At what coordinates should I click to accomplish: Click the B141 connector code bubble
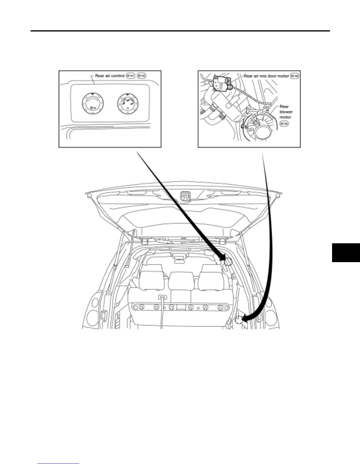[x=130, y=76]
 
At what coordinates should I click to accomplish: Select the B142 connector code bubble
[x=141, y=76]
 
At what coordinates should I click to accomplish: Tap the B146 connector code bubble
[x=294, y=76]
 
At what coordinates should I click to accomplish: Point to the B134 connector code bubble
[x=284, y=124]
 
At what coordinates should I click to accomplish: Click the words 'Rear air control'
[x=110, y=76]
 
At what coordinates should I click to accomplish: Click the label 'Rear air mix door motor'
[x=266, y=76]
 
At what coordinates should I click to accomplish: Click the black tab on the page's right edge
[x=346, y=252]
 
